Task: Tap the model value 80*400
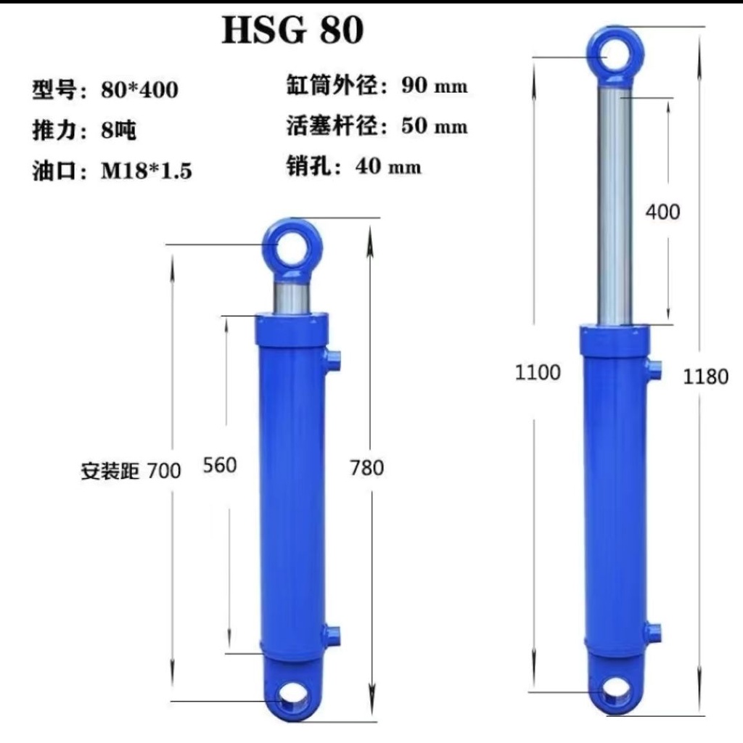[140, 89]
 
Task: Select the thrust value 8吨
[118, 130]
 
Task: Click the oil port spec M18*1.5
[147, 170]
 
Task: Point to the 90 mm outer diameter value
[435, 86]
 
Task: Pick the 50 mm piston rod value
[435, 126]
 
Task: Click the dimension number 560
[220, 465]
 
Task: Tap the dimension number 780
[366, 468]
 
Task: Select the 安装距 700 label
[131, 471]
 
